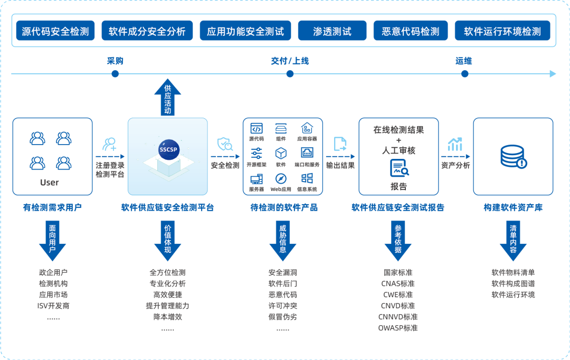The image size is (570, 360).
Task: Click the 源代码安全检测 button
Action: point(55,31)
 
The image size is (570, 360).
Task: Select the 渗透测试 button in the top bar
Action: point(332,31)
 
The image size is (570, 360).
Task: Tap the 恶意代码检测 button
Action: point(410,31)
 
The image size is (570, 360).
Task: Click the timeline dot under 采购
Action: point(115,74)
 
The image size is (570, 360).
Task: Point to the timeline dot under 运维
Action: point(464,74)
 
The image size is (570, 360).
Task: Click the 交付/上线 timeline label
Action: point(290,61)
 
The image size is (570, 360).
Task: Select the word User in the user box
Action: point(50,183)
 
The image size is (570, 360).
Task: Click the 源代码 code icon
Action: point(256,128)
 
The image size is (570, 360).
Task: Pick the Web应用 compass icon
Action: point(281,178)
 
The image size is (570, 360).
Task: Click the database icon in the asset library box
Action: point(512,157)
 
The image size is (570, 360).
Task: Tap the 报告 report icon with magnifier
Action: point(399,168)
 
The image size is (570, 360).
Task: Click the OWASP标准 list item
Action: point(398,328)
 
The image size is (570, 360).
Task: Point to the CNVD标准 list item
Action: point(398,306)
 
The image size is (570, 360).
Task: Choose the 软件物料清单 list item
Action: point(513,272)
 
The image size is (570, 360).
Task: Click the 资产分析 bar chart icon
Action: point(455,144)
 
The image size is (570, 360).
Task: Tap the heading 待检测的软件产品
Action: point(284,207)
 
